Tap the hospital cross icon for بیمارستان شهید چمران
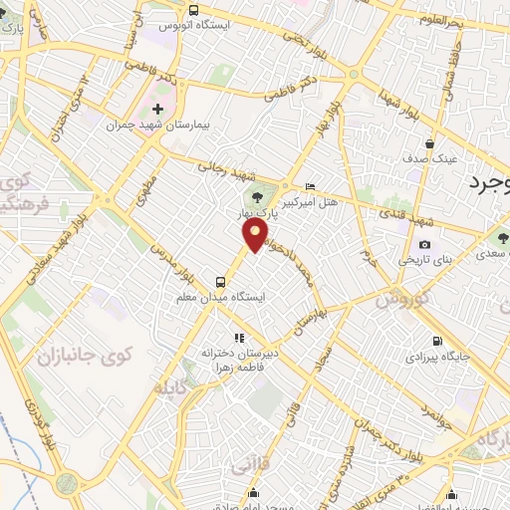coord(157,108)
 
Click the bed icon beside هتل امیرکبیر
coord(310,186)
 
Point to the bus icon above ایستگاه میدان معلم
coord(221,281)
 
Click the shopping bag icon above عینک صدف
coord(429,142)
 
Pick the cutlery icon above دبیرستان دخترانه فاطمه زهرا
coord(237,338)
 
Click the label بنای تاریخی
coord(425,260)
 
